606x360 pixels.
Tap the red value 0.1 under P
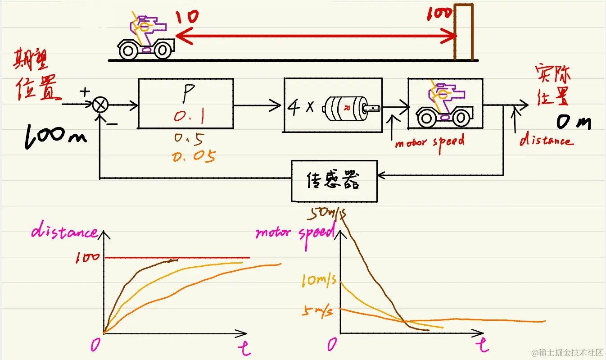(190, 118)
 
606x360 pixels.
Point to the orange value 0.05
(194, 156)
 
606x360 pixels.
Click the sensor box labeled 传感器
(334, 181)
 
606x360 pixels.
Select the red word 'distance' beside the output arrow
(546, 140)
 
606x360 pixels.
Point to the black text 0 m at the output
(573, 122)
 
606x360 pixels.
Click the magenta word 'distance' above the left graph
(64, 232)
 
